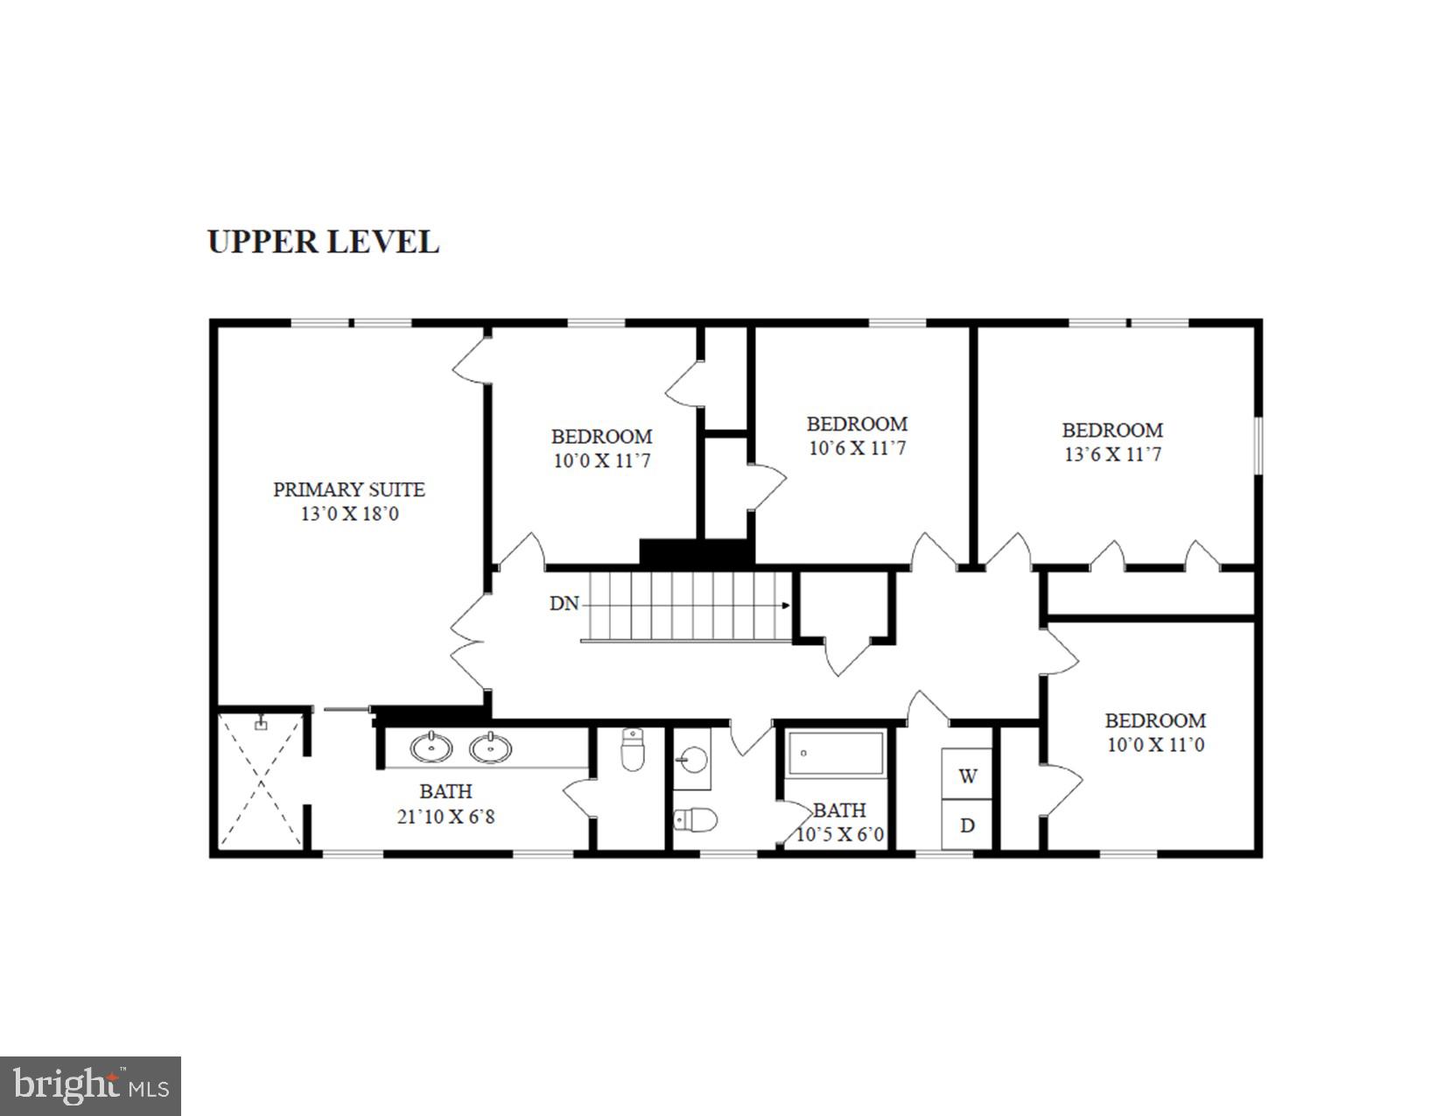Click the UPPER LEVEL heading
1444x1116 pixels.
[323, 242]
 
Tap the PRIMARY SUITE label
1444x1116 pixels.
[349, 489]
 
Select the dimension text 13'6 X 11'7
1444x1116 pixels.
[1112, 454]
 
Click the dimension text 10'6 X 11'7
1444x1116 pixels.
[857, 448]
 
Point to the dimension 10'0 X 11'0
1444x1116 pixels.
[1155, 745]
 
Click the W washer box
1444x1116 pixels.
[967, 776]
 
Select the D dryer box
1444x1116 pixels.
[967, 825]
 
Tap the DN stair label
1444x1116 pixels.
[564, 603]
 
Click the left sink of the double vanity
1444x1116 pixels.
[431, 748]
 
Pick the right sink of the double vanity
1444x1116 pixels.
[490, 748]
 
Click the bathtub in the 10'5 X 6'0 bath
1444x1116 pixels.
[836, 754]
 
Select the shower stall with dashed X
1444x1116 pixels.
[261, 782]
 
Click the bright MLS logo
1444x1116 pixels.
[90, 1086]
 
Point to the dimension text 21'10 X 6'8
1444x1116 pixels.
[445, 817]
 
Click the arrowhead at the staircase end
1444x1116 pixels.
[786, 605]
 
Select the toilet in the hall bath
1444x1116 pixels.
[696, 820]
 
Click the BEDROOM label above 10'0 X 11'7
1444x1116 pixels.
[601, 436]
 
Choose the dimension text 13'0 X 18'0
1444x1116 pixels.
[349, 514]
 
